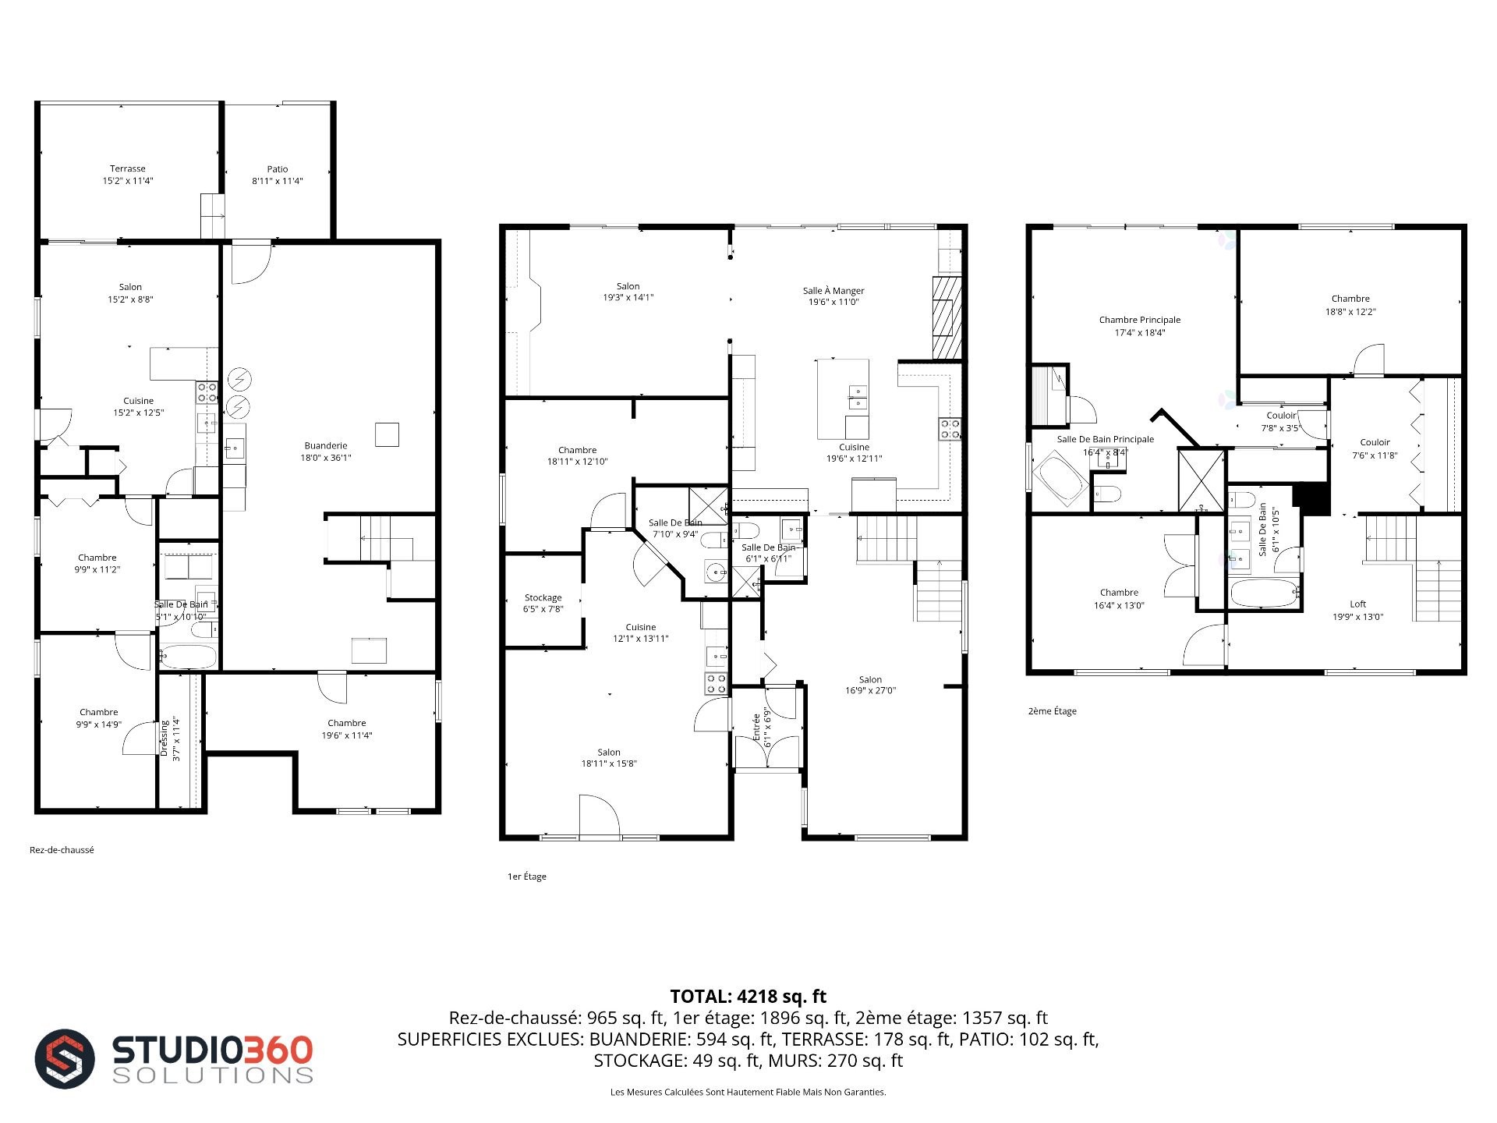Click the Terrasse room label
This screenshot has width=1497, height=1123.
click(x=127, y=168)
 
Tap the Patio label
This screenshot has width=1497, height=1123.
click(x=278, y=169)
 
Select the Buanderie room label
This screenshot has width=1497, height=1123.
click(x=326, y=446)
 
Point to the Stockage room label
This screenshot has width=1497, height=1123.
click(x=543, y=598)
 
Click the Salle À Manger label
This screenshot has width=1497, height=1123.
click(x=833, y=291)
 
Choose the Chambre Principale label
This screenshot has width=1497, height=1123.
click(x=1140, y=320)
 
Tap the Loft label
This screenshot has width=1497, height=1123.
click(x=1358, y=604)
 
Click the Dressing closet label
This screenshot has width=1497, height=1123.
click(x=165, y=737)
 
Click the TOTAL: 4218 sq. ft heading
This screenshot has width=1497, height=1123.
click(x=748, y=997)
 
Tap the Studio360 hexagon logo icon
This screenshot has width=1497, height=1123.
click(x=65, y=1059)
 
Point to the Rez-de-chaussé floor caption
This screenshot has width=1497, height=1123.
click(x=62, y=850)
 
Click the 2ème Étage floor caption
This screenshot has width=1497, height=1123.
click(x=1053, y=711)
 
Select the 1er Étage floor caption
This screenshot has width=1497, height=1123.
click(x=527, y=877)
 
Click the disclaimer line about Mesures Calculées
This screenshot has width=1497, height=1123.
click(x=748, y=1093)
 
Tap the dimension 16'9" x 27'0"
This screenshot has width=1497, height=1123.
click(x=871, y=691)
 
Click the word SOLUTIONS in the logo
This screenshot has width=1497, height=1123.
click(x=213, y=1075)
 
